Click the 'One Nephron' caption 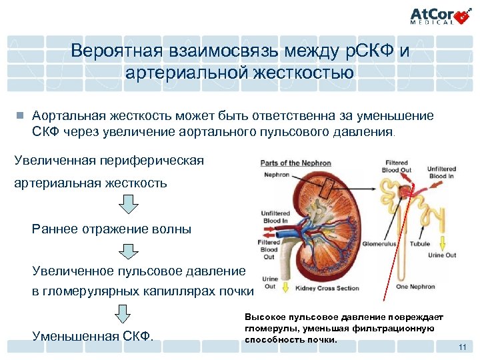417,287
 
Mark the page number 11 462,348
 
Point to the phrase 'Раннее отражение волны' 111,229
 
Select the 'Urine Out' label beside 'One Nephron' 441,255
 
